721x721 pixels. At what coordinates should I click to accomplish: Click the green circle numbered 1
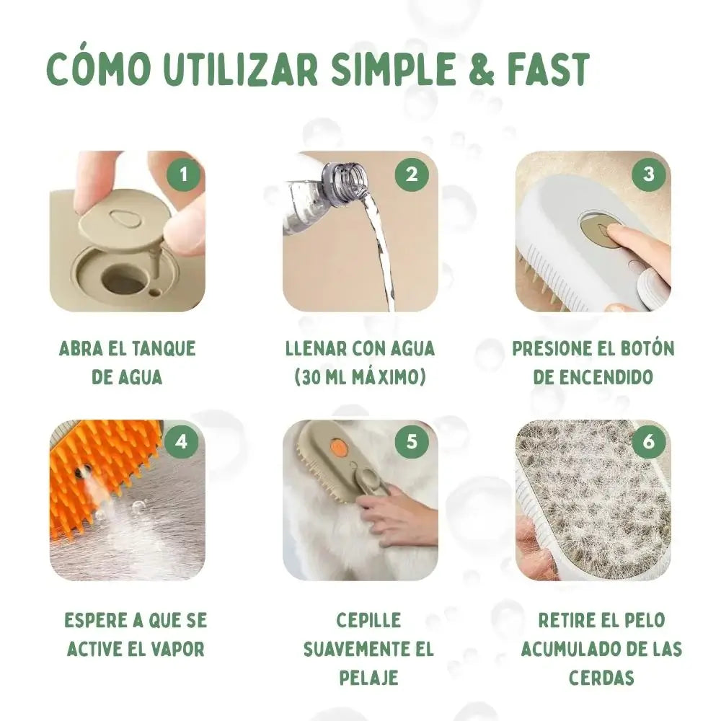coord(184,174)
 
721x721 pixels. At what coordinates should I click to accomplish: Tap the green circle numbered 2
coord(412,174)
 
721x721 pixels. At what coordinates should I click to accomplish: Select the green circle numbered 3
coord(649,174)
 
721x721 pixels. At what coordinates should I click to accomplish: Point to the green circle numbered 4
coord(182,443)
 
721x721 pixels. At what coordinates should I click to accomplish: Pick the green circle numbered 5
coord(412,443)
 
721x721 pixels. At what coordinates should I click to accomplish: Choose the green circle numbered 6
coord(649,443)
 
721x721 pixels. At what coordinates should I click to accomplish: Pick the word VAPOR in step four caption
coord(178,650)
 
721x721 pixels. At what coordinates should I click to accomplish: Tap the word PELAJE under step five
coord(368,678)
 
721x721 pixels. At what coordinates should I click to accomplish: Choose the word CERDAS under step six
coord(601,678)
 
